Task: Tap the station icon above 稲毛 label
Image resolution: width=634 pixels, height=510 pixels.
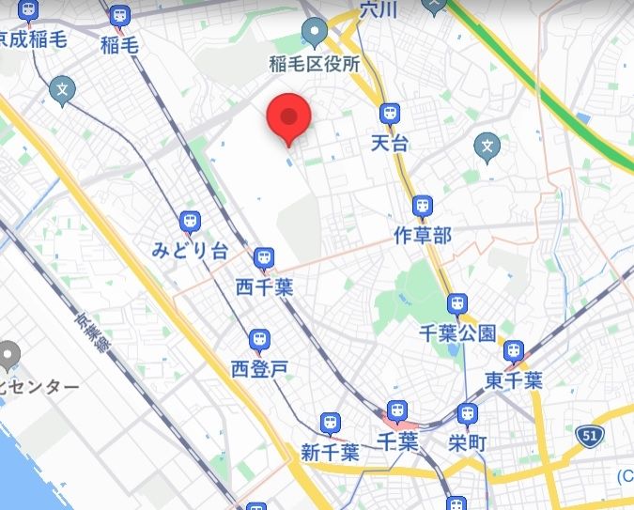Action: pos(119,16)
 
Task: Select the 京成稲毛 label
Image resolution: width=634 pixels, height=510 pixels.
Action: pos(34,39)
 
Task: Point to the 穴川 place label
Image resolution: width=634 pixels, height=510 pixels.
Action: pos(380,9)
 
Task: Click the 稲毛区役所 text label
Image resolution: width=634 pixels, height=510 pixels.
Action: pos(315,64)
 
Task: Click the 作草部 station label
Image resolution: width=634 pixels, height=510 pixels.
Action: pos(423,234)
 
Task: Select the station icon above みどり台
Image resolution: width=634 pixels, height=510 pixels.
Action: pos(191,221)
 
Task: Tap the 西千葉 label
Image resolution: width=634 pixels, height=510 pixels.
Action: pos(264,286)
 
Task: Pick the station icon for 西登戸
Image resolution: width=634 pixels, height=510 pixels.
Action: pos(259,339)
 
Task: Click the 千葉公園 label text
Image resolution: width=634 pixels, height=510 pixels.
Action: pos(457,332)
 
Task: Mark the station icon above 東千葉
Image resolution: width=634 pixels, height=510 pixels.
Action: pos(513,351)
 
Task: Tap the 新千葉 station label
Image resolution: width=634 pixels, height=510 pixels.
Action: pos(330,452)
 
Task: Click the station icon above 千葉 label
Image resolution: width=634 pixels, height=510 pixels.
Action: pos(397,410)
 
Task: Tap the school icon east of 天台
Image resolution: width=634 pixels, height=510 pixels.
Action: pos(487,146)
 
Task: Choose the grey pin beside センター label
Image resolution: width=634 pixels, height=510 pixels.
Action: pos(8,355)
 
